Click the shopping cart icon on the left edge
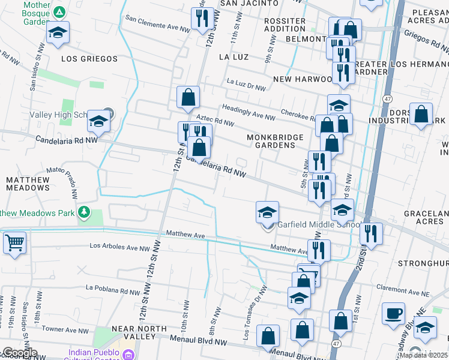click(14, 243)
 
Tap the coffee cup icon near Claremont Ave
click(393, 313)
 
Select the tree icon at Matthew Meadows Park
click(85, 212)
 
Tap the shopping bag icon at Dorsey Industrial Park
click(421, 113)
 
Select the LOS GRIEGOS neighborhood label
click(89, 59)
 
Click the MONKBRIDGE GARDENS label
click(276, 141)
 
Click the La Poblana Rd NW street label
click(115, 289)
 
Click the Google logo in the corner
click(19, 353)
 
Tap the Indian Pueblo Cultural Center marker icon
click(128, 355)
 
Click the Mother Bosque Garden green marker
click(59, 12)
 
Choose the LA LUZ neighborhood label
click(234, 57)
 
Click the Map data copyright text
click(423, 355)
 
